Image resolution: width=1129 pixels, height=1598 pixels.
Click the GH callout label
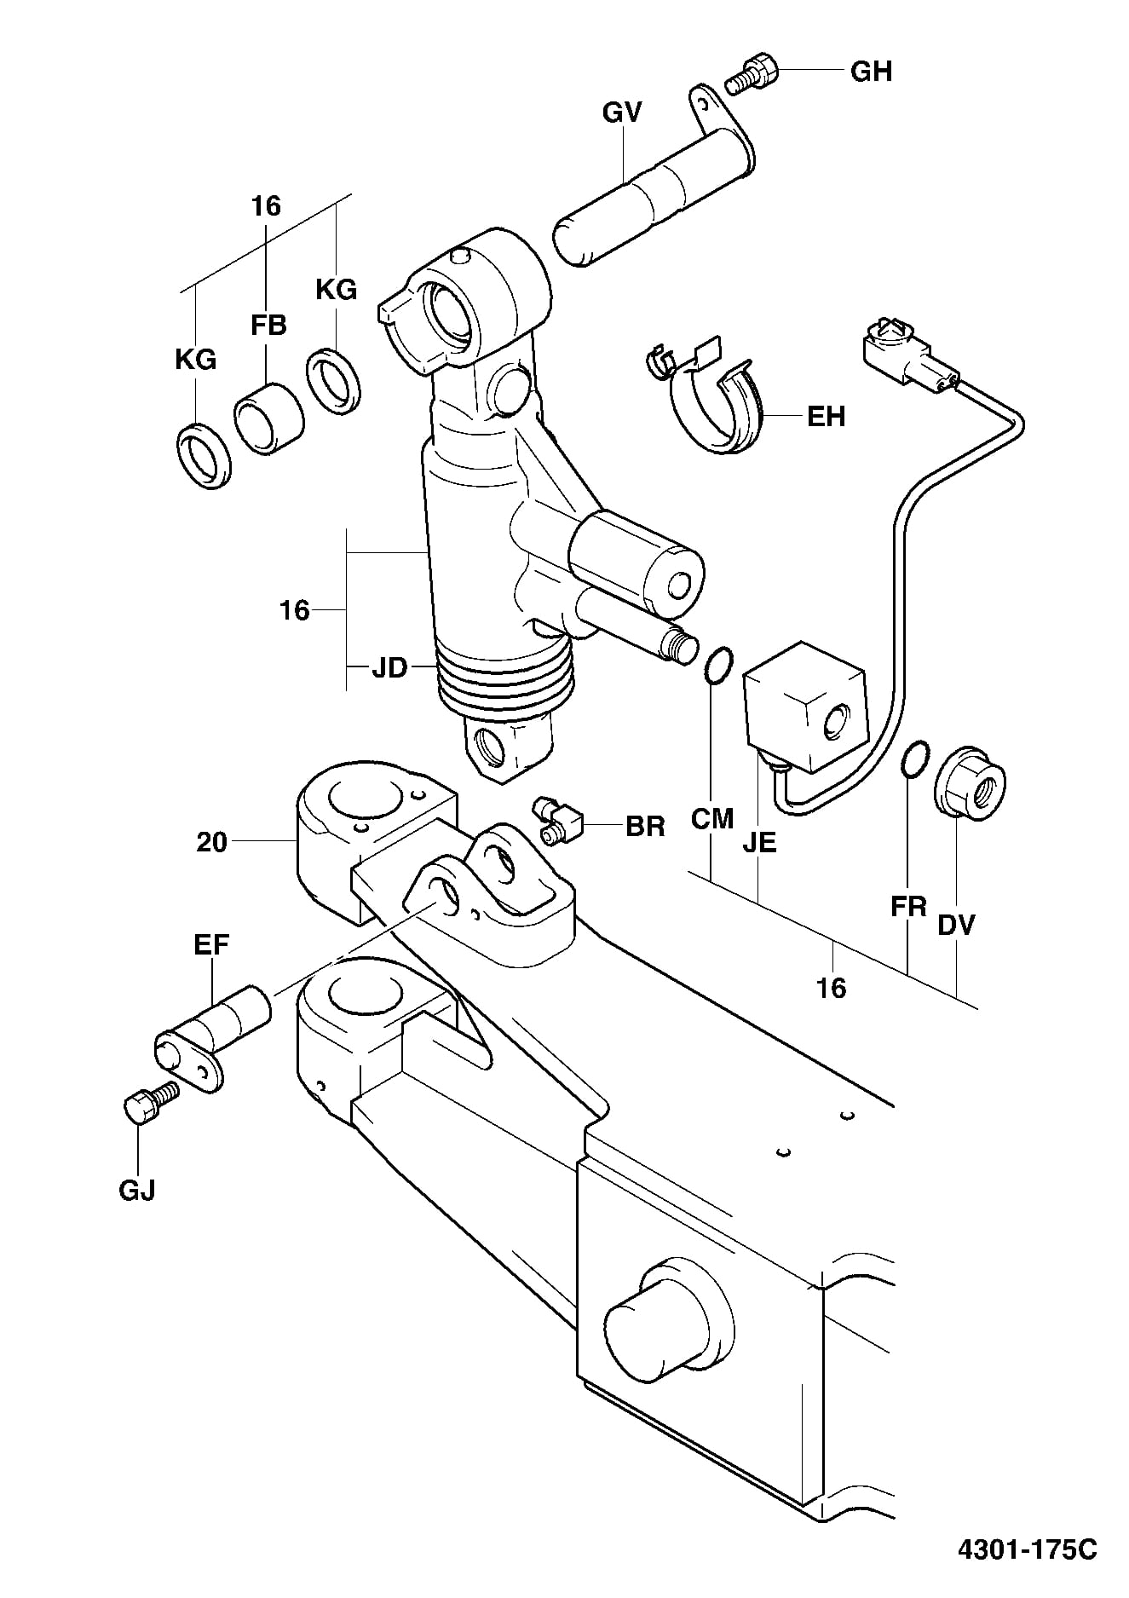tap(871, 72)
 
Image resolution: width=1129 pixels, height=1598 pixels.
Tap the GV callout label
tap(622, 112)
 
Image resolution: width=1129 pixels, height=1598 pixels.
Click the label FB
tap(268, 325)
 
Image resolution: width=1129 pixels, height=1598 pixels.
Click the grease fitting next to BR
tap(556, 819)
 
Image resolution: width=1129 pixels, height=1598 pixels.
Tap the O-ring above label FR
tap(913, 759)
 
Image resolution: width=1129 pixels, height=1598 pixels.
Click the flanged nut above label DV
tap(970, 782)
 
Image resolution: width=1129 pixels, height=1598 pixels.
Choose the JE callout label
tap(759, 843)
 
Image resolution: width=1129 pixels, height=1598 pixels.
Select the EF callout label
tap(211, 945)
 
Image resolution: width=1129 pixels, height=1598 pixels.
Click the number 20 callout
tap(211, 843)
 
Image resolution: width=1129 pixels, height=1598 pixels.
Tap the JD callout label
tap(389, 668)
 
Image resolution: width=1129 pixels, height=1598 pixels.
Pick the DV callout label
tap(956, 925)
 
